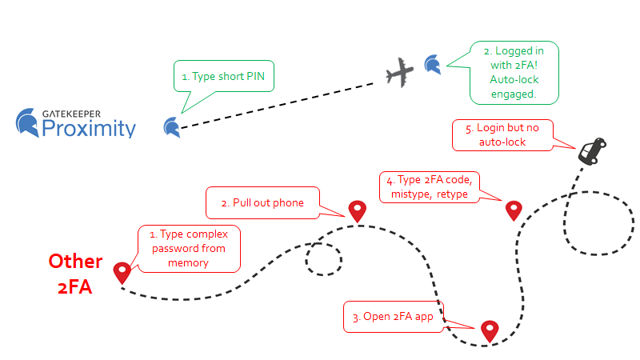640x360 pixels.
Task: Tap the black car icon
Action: [592, 150]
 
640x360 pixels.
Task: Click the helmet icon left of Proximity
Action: [29, 122]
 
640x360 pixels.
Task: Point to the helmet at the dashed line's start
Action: [171, 126]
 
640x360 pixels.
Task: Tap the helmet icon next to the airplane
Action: [432, 64]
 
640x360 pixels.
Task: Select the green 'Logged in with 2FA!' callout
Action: [512, 72]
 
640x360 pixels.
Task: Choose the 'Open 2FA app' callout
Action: [394, 316]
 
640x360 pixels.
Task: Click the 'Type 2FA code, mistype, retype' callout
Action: [430, 186]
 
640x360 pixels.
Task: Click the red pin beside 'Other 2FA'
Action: [122, 272]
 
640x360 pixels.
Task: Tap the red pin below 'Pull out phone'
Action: [357, 210]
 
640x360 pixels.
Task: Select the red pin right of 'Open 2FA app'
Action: [489, 330]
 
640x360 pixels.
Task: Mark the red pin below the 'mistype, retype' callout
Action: [514, 210]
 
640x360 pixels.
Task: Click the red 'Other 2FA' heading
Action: [75, 274]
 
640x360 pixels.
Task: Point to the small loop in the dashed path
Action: [324, 258]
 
